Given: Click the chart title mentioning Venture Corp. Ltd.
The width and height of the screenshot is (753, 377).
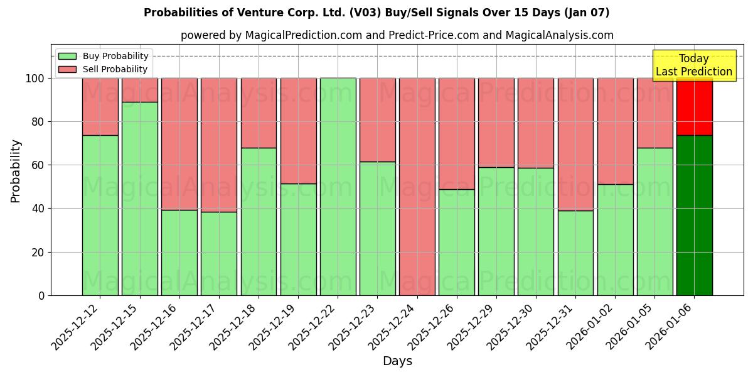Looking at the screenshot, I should [x=376, y=13].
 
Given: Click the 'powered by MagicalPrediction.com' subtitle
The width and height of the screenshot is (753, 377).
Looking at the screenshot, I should [x=397, y=35].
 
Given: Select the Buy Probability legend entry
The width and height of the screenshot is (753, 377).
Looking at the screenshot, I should [x=115, y=56].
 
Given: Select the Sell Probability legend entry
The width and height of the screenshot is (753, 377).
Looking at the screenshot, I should [x=115, y=69].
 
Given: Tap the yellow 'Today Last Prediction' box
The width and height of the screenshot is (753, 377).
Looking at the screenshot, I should [x=694, y=65].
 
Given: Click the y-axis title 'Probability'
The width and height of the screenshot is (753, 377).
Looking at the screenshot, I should [x=16, y=171].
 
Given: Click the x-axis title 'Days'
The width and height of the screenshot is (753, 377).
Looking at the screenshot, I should [x=397, y=361].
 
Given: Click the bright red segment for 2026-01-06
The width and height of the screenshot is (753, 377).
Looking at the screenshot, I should [x=694, y=107].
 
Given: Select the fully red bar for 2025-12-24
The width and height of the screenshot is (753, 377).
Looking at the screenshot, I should [x=417, y=187].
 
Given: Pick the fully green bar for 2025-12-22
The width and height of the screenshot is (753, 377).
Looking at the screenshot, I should [x=338, y=187].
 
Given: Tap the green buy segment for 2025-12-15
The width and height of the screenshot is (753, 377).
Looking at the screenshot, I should [x=139, y=198].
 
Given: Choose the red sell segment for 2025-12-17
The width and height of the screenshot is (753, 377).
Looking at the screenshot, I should [x=219, y=145].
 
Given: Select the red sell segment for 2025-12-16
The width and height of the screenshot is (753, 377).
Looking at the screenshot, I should [x=179, y=144].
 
